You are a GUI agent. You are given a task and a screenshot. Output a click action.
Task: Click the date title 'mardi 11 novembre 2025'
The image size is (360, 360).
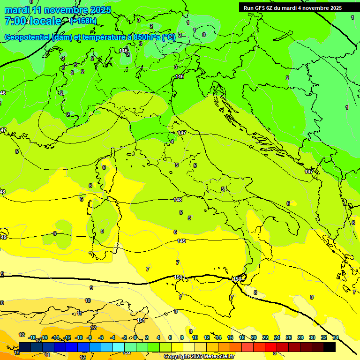pos(58,10)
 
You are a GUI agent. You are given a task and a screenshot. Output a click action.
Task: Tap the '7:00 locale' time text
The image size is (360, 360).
pos(33,21)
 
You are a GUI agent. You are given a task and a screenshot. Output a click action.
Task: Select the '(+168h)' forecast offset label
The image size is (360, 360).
pos(83,21)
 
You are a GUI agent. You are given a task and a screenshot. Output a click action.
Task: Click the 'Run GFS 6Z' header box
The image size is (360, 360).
pos(292,8)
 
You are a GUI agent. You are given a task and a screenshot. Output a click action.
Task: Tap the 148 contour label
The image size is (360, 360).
pos(178,200)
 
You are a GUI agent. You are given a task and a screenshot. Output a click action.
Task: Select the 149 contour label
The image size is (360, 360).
pos(182,241)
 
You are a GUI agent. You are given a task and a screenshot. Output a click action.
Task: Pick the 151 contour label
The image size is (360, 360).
pos(141,321)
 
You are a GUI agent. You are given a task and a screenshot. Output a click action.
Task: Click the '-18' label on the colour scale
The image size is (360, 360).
pos(32,337)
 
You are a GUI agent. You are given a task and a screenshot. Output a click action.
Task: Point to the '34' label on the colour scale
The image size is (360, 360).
pos(336,337)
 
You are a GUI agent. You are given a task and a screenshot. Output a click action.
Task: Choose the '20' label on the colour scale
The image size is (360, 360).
pos(254,337)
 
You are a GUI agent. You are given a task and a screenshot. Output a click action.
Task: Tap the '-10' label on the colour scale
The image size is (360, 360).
pos(79,337)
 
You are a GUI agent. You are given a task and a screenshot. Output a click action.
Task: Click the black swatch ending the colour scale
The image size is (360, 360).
pos(330,347)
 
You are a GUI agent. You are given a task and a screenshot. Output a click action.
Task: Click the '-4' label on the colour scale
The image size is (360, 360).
pos(112,337)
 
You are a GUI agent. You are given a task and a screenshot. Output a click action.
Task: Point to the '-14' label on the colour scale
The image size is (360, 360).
pos(55,337)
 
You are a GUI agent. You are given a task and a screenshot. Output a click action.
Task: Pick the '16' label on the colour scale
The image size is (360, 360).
pos(230,337)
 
